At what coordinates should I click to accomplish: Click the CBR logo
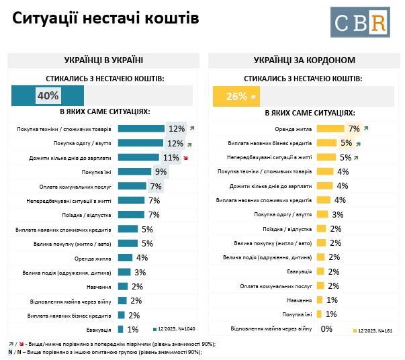click(359, 22)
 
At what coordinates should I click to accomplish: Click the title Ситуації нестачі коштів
click(106, 19)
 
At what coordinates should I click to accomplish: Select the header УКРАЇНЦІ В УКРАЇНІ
click(104, 60)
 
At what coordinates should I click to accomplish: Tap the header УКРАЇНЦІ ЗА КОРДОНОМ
click(305, 60)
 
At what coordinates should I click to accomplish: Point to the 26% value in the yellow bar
click(236, 96)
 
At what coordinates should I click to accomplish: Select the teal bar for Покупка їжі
click(134, 172)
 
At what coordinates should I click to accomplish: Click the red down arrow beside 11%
click(185, 159)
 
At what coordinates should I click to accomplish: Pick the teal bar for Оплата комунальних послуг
click(132, 186)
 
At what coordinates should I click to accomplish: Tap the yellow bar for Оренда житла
click(329, 128)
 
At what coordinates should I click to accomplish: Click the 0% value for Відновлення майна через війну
click(327, 329)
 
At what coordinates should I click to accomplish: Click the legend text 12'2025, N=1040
click(176, 329)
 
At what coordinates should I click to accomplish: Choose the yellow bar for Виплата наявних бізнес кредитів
click(326, 142)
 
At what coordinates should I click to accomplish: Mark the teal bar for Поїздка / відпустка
click(130, 215)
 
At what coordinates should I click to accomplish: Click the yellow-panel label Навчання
click(299, 300)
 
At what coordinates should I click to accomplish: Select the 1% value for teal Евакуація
click(133, 329)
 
